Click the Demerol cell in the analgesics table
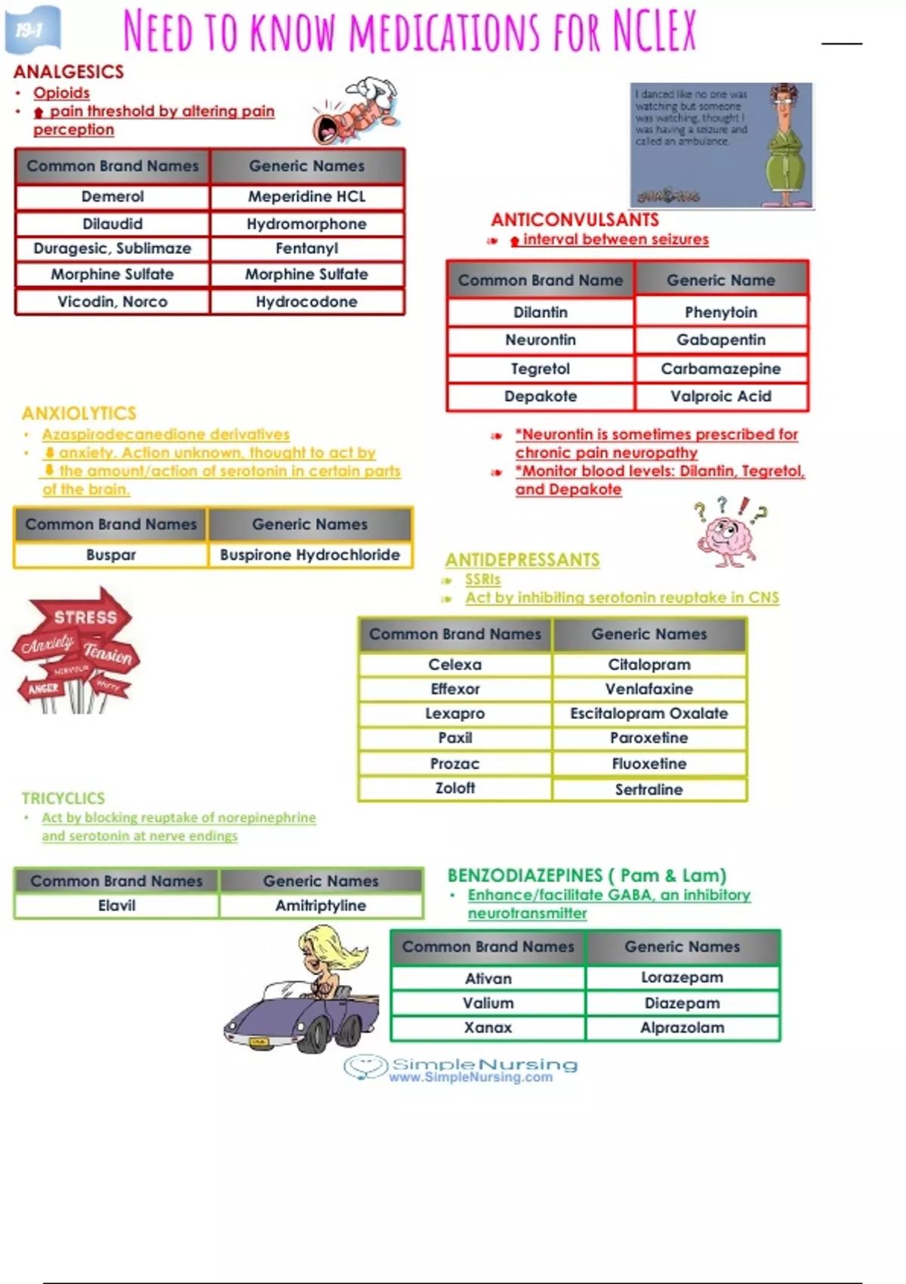pyautogui.click(x=112, y=196)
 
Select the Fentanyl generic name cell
pyautogui.click(x=307, y=248)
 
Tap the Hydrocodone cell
pyautogui.click(x=307, y=301)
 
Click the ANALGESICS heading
pyautogui.click(x=69, y=72)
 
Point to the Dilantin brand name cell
pyautogui.click(x=540, y=312)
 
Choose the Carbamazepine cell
pyautogui.click(x=720, y=369)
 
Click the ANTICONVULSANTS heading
pyautogui.click(x=575, y=220)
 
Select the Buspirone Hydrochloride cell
pyautogui.click(x=310, y=554)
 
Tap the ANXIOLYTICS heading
pyautogui.click(x=79, y=413)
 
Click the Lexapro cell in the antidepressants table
pyautogui.click(x=455, y=713)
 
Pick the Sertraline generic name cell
pyautogui.click(x=649, y=789)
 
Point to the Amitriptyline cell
pyautogui.click(x=320, y=905)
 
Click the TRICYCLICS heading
pyautogui.click(x=63, y=798)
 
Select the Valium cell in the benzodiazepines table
pyautogui.click(x=488, y=1003)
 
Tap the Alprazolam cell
pyautogui.click(x=682, y=1027)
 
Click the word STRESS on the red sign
pyautogui.click(x=85, y=617)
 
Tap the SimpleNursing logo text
pyautogui.click(x=483, y=1065)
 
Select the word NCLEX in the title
pyautogui.click(x=654, y=32)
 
